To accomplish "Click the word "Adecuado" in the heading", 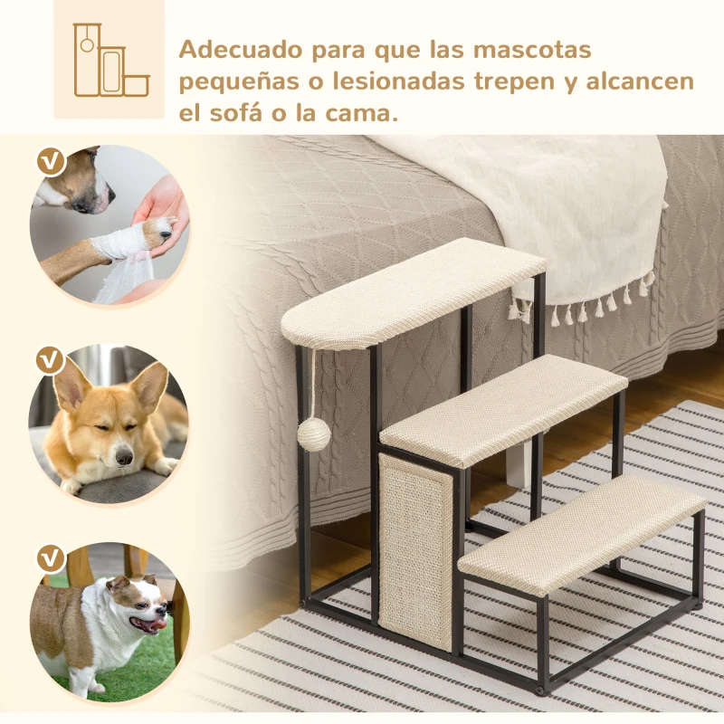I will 238,48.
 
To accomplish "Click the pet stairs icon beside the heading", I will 110,61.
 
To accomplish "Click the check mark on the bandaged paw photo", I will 51,162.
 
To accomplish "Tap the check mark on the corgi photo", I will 51,359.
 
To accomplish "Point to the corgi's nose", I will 125,458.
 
